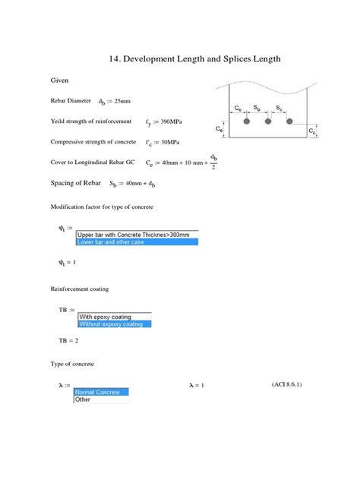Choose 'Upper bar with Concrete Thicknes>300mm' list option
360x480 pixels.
click(136, 234)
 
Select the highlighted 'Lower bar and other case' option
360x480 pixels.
click(136, 242)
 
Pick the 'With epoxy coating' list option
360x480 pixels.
click(114, 317)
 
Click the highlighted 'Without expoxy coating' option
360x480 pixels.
click(114, 324)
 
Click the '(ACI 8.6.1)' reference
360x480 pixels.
click(287, 384)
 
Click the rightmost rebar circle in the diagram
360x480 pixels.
click(289, 121)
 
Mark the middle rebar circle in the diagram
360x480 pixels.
click(268, 121)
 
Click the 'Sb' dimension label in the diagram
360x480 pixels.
click(258, 108)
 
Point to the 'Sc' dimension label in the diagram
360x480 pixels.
click(279, 108)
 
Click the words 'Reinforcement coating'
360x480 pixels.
click(79, 289)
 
